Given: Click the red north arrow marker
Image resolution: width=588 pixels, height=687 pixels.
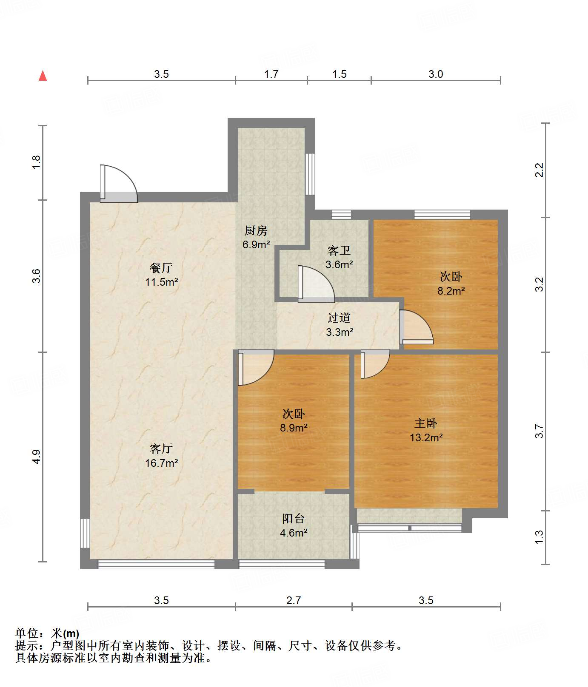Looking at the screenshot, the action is point(43,76).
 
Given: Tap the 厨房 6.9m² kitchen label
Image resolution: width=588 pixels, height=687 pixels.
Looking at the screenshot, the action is point(256,237).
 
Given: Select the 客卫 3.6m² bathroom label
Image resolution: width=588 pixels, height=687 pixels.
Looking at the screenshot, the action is point(339,258).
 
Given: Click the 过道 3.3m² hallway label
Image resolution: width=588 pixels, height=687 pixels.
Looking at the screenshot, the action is point(339,325).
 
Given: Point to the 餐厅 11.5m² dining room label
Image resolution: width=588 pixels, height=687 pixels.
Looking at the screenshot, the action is point(161,275).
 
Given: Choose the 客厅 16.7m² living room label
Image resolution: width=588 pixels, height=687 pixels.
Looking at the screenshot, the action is point(161,456).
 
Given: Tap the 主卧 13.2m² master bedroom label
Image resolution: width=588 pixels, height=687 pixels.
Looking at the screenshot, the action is point(426,430).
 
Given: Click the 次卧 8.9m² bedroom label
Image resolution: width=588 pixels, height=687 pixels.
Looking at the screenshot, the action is point(294,420).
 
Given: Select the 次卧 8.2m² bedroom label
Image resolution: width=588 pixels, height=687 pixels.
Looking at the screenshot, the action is point(451,284).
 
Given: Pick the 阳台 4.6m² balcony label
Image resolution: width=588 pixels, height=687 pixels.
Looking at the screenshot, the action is point(294,525).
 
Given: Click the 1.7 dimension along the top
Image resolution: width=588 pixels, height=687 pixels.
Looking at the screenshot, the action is point(271,74).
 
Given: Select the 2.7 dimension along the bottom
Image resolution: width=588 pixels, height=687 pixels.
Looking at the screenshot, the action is point(294,600).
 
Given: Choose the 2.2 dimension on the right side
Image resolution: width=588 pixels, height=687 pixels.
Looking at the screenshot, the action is point(539,170).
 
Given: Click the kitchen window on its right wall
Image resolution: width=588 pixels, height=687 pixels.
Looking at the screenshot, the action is point(310,174).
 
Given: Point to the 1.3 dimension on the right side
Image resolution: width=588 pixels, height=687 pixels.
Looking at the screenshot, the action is point(539,537).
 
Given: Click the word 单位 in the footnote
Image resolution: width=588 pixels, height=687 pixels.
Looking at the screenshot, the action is point(27,634).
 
